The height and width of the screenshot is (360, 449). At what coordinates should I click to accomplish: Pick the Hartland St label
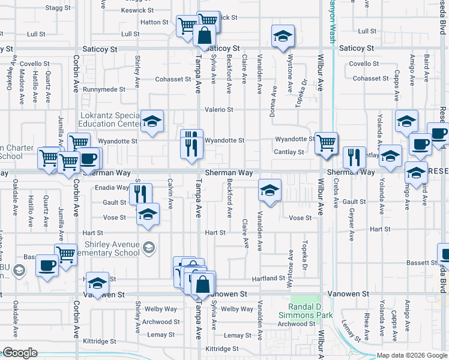[268, 278]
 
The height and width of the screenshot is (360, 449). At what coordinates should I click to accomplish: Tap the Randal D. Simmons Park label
[306, 310]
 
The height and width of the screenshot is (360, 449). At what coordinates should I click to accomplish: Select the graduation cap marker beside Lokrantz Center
[152, 121]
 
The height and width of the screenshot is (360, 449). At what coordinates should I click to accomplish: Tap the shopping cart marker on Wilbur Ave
[326, 143]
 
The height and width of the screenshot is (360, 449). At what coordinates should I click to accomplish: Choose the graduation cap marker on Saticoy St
[282, 36]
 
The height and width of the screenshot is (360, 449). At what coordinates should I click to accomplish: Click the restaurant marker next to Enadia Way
[141, 194]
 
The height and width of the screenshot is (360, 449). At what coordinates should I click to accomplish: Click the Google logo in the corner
[19, 353]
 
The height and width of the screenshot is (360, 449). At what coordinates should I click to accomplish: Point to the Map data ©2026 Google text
[411, 355]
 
